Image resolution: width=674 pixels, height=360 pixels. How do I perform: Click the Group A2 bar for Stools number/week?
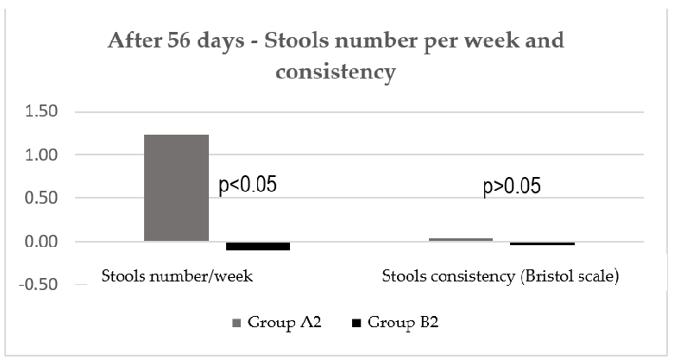click(x=176, y=187)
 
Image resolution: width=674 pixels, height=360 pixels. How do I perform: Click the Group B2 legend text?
click(x=396, y=324)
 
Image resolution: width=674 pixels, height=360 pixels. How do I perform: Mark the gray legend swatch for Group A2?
click(x=236, y=324)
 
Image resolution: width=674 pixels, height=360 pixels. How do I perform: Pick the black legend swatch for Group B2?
click(x=356, y=324)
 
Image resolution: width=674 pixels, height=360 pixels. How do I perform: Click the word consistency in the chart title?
click(x=336, y=72)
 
